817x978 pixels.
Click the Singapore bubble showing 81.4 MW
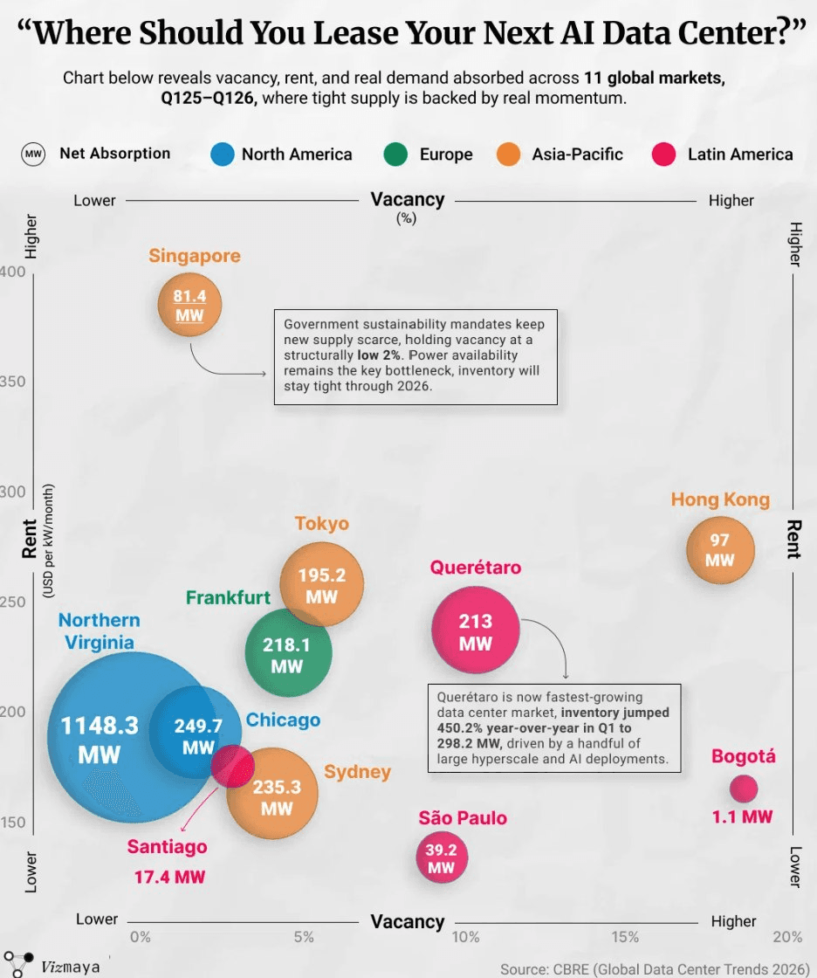(189, 305)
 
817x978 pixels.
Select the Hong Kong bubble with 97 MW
(720, 549)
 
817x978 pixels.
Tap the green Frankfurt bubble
(288, 653)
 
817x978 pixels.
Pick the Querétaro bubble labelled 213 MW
(475, 630)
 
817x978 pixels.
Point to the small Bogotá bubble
(744, 789)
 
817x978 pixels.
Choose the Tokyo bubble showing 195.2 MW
(321, 584)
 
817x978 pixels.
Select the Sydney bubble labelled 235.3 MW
(272, 794)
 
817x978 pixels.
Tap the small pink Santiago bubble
(233, 766)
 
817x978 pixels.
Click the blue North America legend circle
(222, 154)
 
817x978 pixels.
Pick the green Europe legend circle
(395, 154)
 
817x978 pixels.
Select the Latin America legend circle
(663, 154)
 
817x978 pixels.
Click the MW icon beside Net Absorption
(33, 154)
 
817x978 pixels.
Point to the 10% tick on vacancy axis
(466, 937)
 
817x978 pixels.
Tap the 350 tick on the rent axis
(12, 382)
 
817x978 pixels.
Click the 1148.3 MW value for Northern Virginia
(100, 740)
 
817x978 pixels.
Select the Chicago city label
(283, 720)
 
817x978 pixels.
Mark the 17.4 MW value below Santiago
(169, 877)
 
